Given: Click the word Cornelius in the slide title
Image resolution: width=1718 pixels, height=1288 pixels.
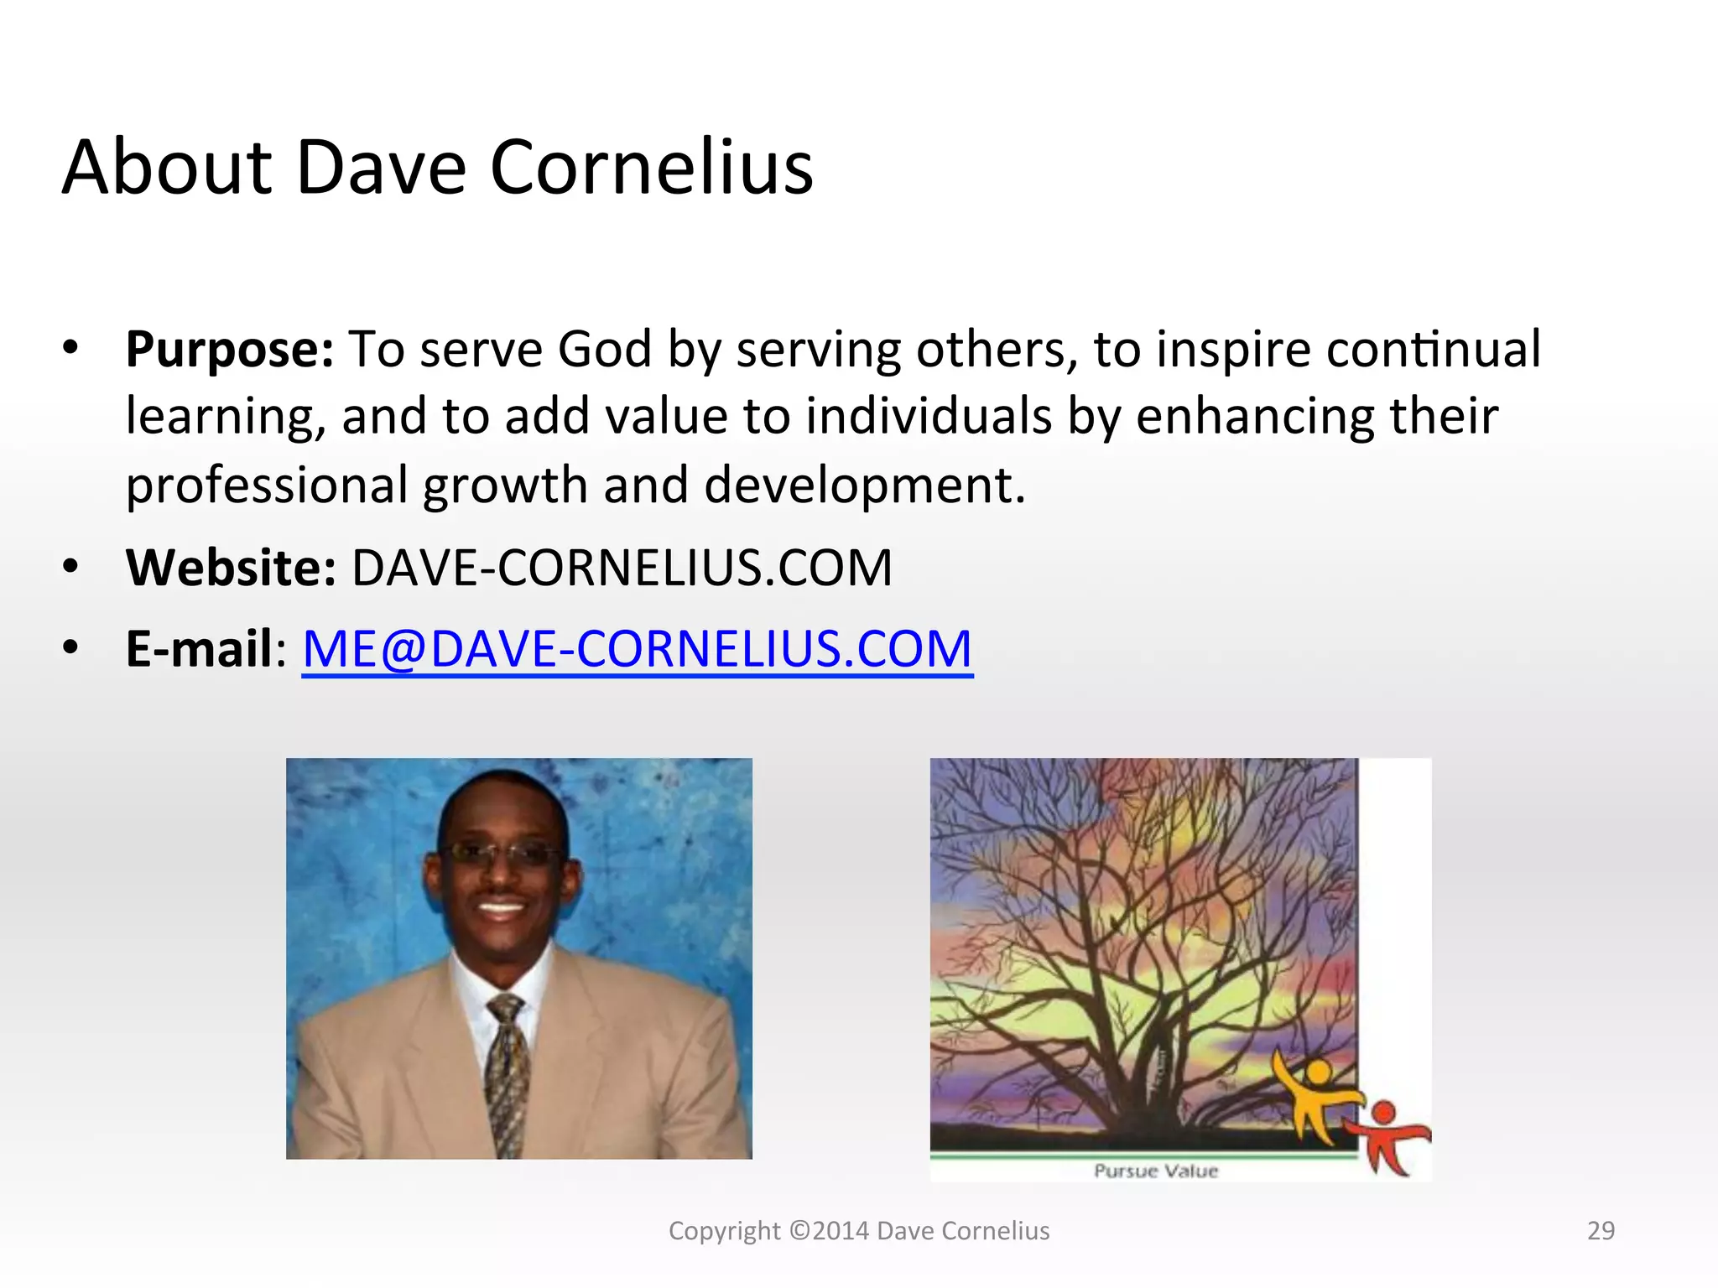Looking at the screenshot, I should tap(651, 168).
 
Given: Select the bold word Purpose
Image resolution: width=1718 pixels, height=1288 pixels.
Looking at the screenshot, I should tap(228, 350).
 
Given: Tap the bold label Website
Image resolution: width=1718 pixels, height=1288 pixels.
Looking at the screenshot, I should tap(230, 568).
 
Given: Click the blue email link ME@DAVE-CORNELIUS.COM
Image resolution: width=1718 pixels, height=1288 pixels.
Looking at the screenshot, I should tap(637, 649).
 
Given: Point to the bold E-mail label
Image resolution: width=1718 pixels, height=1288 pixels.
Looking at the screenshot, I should tap(199, 649).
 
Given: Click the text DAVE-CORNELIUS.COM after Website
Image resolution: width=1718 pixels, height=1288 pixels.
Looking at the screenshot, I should tap(622, 568).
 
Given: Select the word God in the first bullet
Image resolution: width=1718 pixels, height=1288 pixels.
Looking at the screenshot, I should tap(604, 349).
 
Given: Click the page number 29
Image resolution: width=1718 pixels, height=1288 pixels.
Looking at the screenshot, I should tap(1601, 1230).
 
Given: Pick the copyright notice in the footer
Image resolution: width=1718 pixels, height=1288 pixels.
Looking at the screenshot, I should tap(858, 1230).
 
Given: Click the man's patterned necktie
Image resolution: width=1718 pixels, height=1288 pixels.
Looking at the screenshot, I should tap(507, 1073).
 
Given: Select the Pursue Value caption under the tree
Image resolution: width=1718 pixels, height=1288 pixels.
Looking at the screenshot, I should tap(1155, 1171).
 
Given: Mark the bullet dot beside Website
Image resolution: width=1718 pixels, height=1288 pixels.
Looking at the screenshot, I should tap(70, 566).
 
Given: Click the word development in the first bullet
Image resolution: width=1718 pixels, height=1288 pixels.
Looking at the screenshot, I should tap(864, 486).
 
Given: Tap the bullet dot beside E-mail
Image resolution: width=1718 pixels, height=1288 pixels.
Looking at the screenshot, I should tap(70, 647).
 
